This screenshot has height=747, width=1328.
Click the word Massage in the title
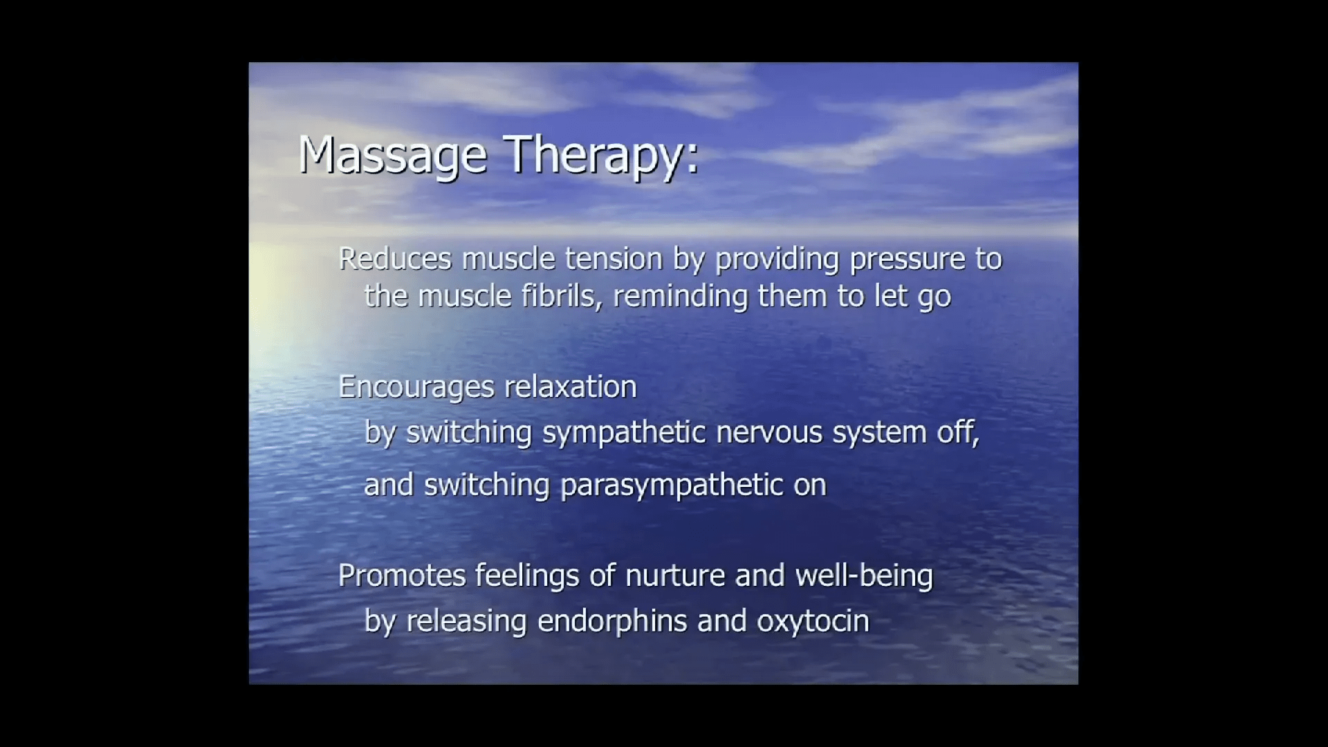point(393,156)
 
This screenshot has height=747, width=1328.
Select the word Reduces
point(395,259)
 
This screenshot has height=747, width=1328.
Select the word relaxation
point(571,387)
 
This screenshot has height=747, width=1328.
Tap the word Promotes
point(402,575)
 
